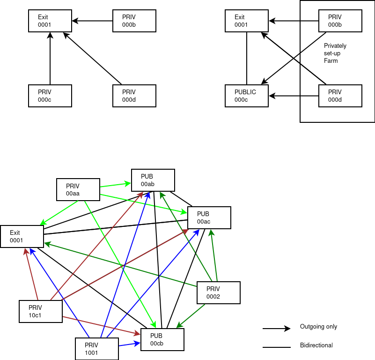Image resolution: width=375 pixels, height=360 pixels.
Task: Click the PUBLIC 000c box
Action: (x=247, y=96)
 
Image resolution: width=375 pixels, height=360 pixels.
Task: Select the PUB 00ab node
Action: (x=153, y=180)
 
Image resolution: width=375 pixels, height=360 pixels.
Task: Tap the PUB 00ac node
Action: (x=209, y=217)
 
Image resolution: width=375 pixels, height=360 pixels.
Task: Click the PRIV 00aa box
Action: (x=78, y=189)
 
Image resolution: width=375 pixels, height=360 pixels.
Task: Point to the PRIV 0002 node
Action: (x=219, y=292)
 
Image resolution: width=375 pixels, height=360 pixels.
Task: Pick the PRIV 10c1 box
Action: (x=41, y=311)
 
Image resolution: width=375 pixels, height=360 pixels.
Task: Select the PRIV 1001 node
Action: (x=97, y=349)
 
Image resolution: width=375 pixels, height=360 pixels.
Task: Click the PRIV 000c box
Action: (x=50, y=96)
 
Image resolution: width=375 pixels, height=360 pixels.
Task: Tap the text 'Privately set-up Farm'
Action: (x=335, y=53)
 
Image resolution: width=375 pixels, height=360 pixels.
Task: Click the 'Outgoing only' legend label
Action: (x=318, y=327)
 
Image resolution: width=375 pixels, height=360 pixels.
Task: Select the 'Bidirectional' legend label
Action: (x=316, y=345)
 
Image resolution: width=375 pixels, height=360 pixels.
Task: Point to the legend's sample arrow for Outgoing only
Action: (x=276, y=329)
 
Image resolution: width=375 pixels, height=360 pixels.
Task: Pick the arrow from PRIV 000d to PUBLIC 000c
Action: (x=294, y=96)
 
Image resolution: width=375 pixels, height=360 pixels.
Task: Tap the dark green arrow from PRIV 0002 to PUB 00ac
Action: (x=214, y=255)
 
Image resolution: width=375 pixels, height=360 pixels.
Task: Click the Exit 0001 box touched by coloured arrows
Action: (x=22, y=236)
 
